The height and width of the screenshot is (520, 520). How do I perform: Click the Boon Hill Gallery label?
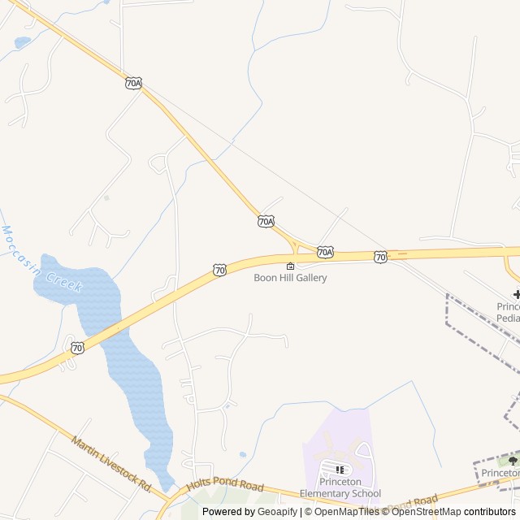click(290, 278)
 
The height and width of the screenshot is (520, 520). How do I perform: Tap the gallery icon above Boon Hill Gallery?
click(290, 266)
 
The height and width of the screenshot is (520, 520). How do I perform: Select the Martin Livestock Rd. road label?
click(111, 464)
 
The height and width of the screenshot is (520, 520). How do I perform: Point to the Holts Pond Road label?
click(225, 486)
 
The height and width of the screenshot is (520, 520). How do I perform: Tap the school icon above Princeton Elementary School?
click(340, 469)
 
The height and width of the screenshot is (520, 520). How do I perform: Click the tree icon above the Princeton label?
click(513, 461)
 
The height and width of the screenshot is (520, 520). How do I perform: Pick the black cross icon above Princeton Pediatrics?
click(517, 294)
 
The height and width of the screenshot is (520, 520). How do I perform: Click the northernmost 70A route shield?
click(134, 83)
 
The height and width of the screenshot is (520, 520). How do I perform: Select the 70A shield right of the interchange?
click(325, 252)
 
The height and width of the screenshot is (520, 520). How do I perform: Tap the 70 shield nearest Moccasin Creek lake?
click(77, 348)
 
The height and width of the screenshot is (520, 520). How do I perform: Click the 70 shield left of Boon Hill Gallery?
click(219, 270)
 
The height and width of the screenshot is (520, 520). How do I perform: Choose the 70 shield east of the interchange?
click(380, 257)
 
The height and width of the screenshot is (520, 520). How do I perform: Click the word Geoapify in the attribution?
click(277, 512)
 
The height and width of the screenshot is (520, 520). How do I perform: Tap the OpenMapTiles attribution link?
click(346, 512)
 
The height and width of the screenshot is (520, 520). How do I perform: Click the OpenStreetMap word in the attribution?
click(426, 512)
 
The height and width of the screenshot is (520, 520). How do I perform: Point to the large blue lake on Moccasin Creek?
click(122, 357)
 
